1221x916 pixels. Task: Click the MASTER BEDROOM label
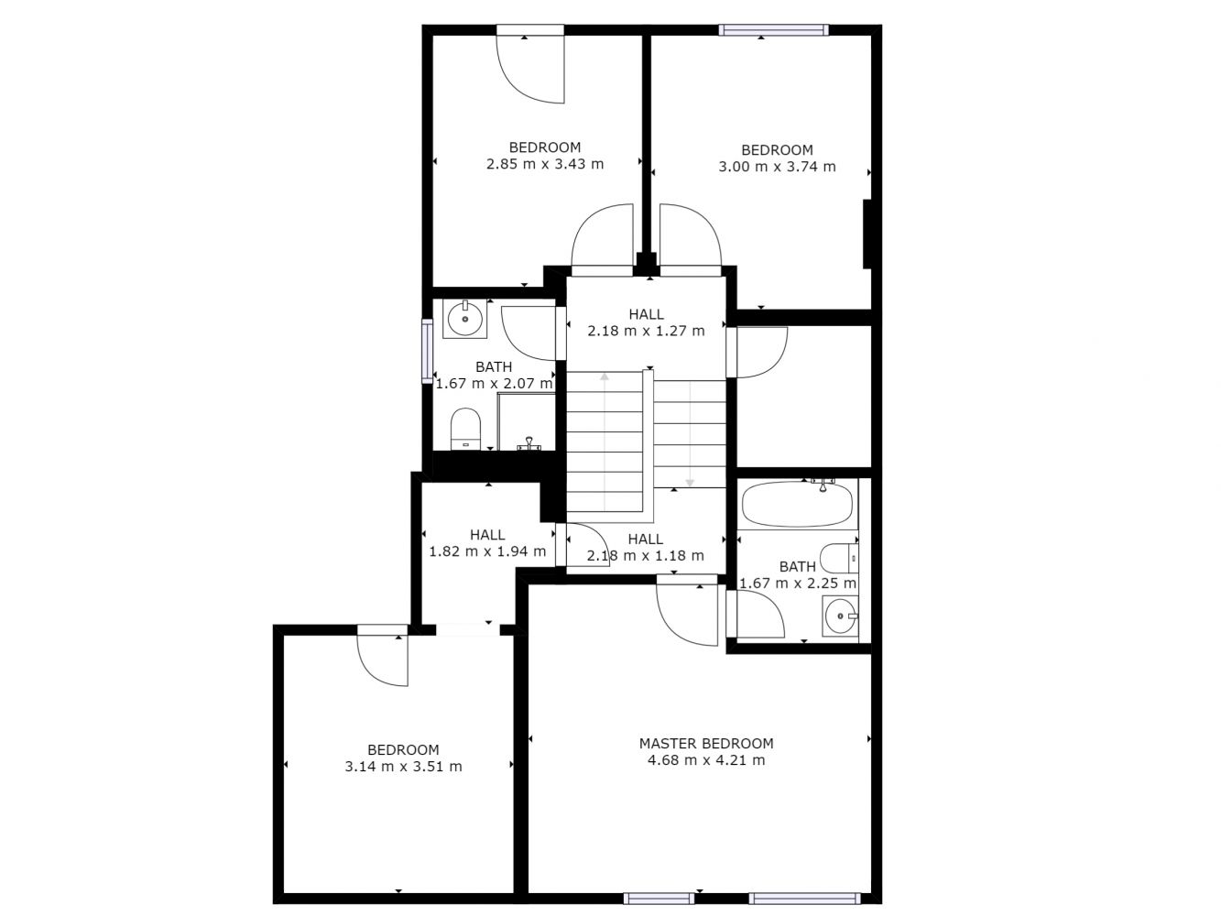click(706, 743)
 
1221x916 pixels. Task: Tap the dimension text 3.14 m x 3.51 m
click(403, 767)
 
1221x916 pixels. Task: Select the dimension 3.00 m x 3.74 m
click(777, 167)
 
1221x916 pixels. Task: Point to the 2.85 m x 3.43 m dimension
click(545, 164)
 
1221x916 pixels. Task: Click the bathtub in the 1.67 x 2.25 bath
click(797, 504)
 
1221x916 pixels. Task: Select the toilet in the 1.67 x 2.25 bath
click(839, 559)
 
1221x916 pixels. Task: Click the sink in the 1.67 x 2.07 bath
click(464, 319)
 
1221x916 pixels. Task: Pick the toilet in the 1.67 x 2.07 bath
click(465, 429)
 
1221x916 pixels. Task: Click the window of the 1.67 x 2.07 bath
click(427, 351)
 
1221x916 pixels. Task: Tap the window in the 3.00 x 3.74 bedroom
click(773, 30)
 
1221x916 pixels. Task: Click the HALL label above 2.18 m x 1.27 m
click(646, 314)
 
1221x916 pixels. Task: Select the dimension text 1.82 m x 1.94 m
click(487, 551)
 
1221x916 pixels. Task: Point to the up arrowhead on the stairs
click(605, 376)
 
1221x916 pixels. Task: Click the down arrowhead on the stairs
click(690, 483)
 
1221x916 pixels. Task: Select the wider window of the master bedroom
click(804, 899)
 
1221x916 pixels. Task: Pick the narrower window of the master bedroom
click(659, 899)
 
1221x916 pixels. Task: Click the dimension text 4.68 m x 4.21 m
click(706, 759)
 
